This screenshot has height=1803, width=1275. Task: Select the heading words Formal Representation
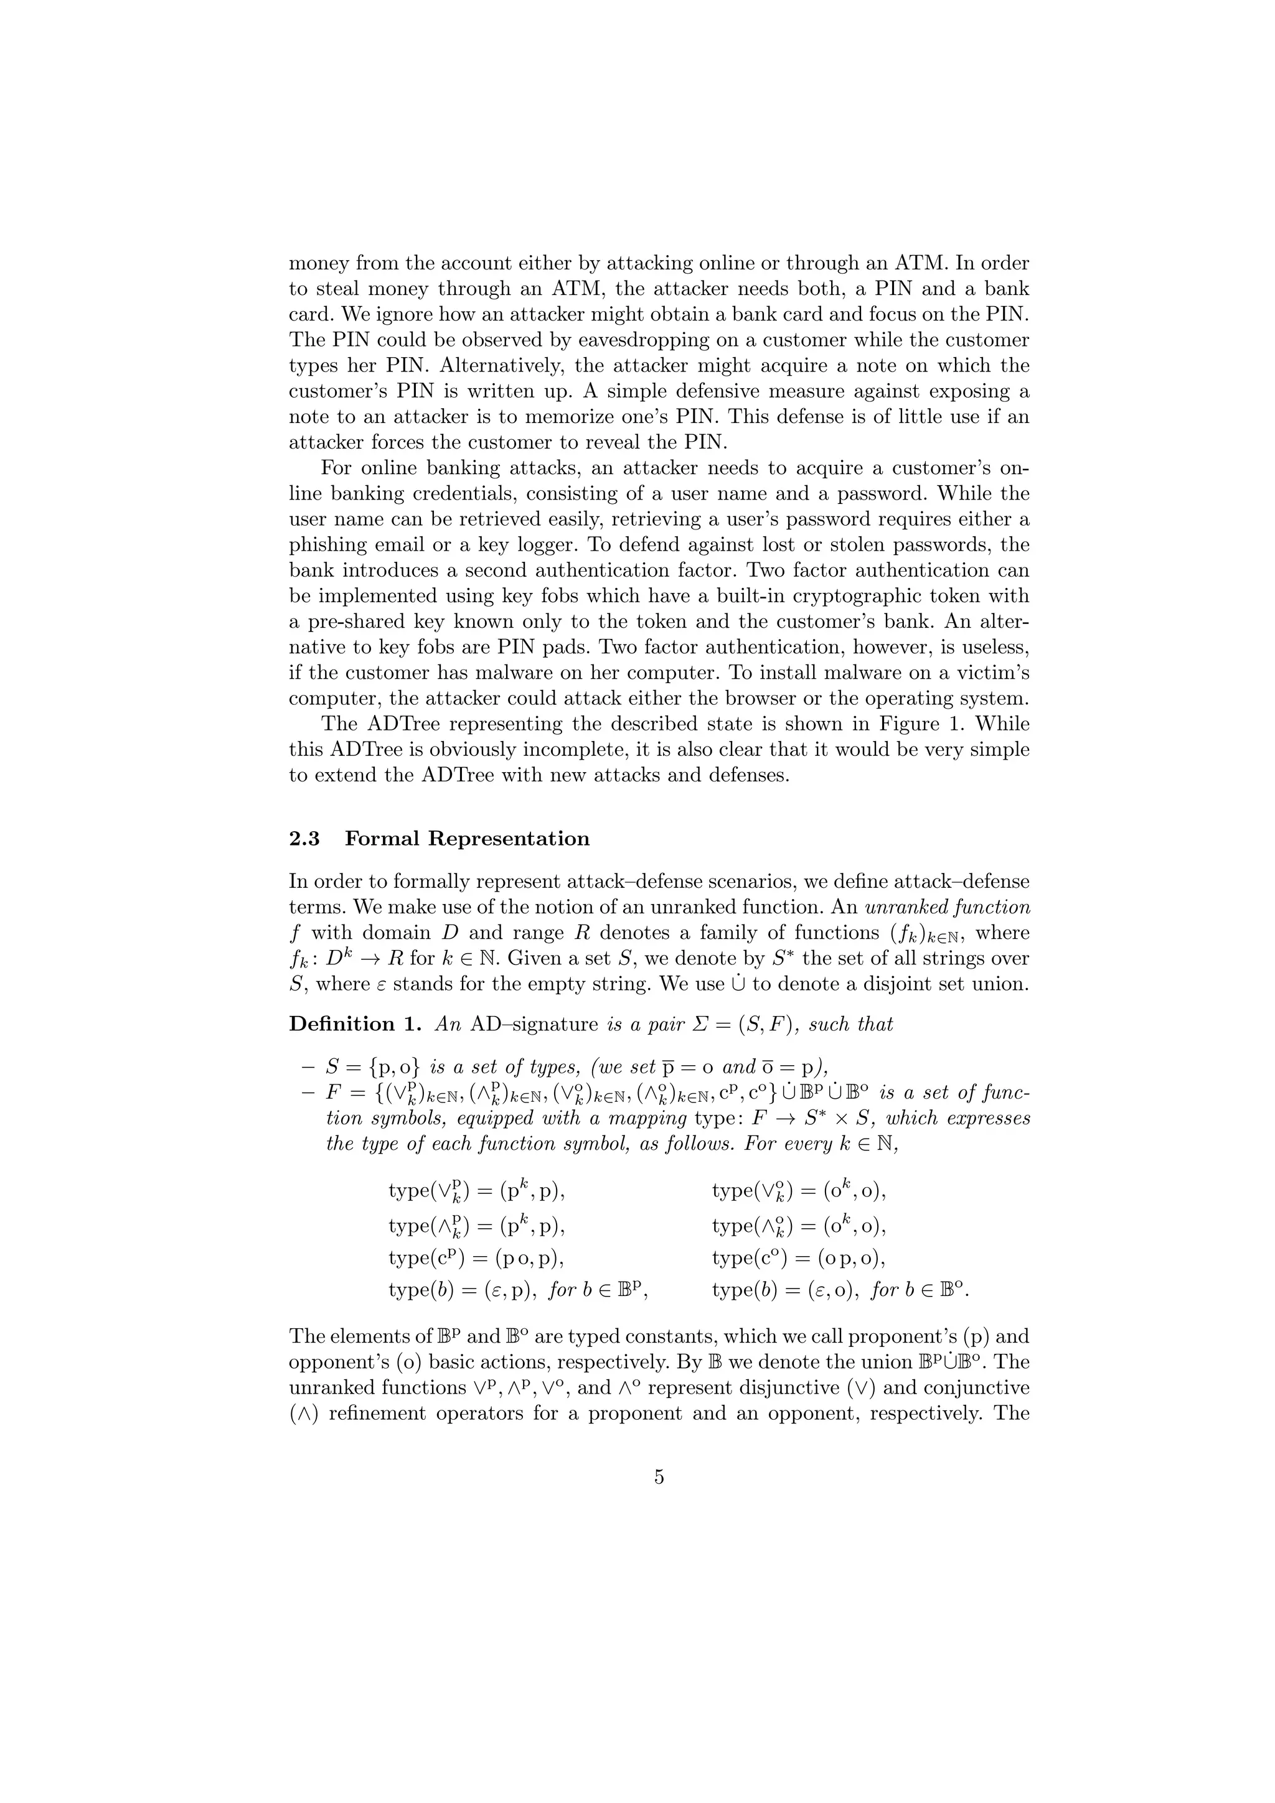click(468, 839)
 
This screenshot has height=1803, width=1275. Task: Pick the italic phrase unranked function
click(948, 907)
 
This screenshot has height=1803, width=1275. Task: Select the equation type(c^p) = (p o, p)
click(477, 1258)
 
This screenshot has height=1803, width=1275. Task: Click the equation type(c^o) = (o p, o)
click(798, 1258)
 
